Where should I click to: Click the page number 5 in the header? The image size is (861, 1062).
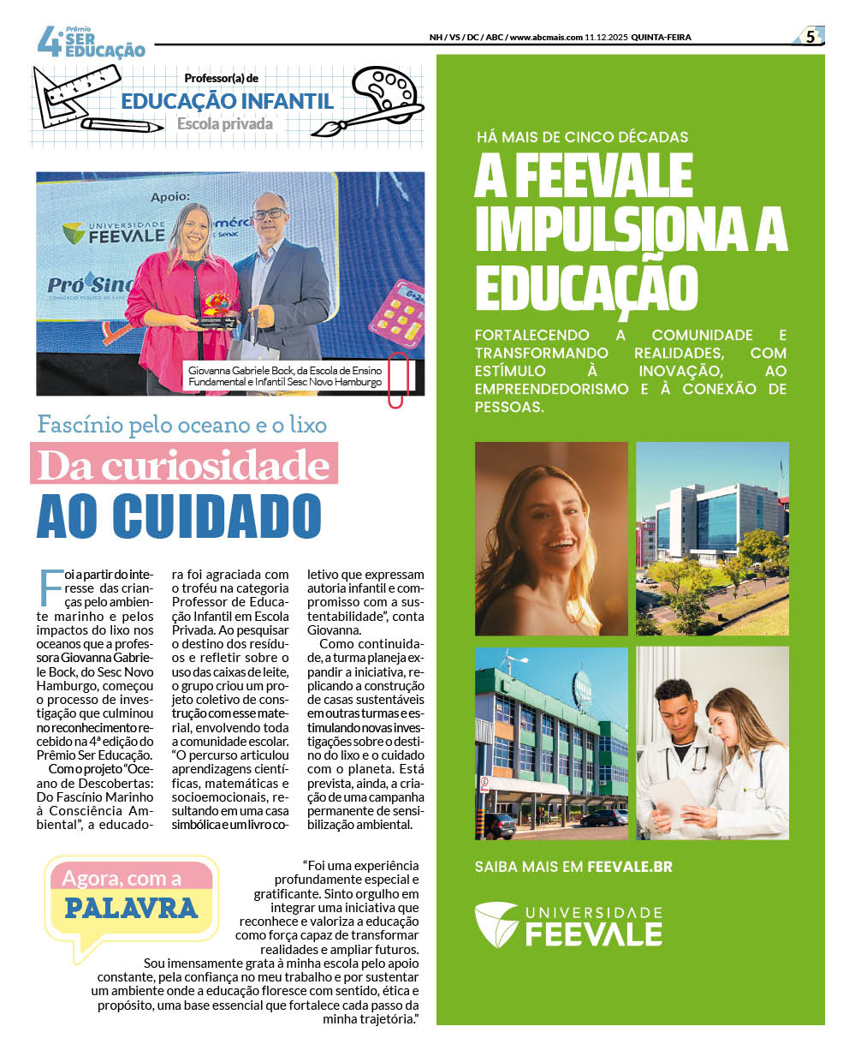coord(810,37)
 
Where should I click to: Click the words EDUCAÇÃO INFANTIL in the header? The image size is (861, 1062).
coord(227,101)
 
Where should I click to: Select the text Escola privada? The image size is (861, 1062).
coord(224,124)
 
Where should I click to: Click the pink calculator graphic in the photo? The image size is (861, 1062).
coord(397,313)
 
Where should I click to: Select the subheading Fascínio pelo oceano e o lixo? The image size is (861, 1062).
coord(181,424)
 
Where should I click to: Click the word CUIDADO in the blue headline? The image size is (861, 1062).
coord(217,516)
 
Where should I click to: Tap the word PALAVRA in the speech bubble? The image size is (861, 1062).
coord(131,908)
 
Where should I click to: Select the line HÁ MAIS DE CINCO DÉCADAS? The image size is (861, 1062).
coord(582,137)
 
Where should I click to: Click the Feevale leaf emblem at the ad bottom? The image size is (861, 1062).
coord(496,925)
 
